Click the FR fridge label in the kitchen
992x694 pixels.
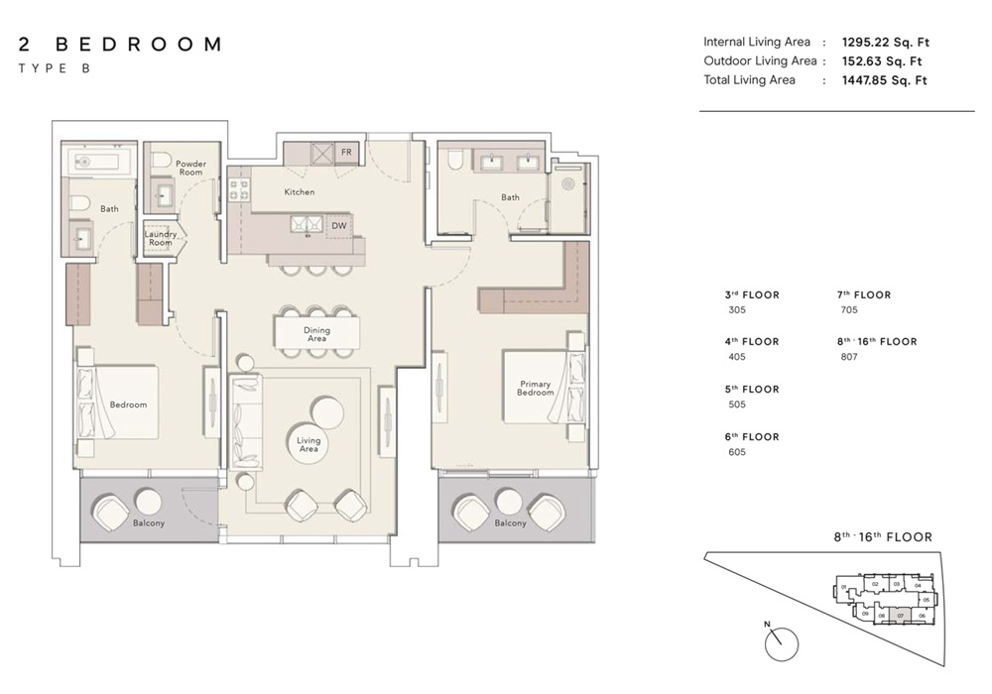click(x=346, y=153)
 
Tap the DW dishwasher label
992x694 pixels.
click(x=340, y=225)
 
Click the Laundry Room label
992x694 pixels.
click(x=160, y=238)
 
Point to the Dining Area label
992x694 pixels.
click(x=316, y=334)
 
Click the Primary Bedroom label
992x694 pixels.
click(x=535, y=388)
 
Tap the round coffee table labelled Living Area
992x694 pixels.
click(x=309, y=443)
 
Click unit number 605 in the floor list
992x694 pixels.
click(x=736, y=452)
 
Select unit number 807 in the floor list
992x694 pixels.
click(x=849, y=357)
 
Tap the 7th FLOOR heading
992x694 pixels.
click(x=864, y=294)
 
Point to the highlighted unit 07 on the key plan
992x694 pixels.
click(x=900, y=616)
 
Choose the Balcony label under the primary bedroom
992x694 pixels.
click(x=510, y=523)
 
